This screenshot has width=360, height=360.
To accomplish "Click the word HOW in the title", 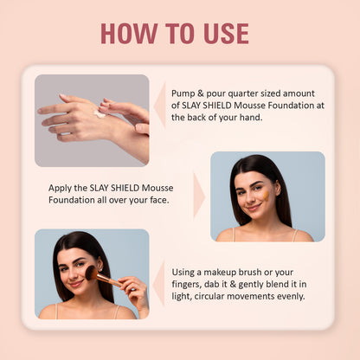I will tap(125, 34).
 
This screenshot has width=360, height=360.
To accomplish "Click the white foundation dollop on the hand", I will tap(100, 113).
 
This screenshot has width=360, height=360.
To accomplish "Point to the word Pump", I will tap(184, 93).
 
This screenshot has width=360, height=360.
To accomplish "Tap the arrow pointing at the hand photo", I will tap(159, 106).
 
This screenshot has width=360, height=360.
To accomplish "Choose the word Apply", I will tap(61, 188).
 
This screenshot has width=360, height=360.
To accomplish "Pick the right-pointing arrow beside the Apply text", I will tap(199, 195).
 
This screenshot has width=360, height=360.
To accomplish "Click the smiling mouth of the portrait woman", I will tap(252, 209).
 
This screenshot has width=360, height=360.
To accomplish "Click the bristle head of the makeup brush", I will tap(91, 273).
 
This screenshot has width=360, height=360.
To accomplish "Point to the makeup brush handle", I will tap(109, 281).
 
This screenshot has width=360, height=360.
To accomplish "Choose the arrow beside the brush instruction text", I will tap(158, 283).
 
